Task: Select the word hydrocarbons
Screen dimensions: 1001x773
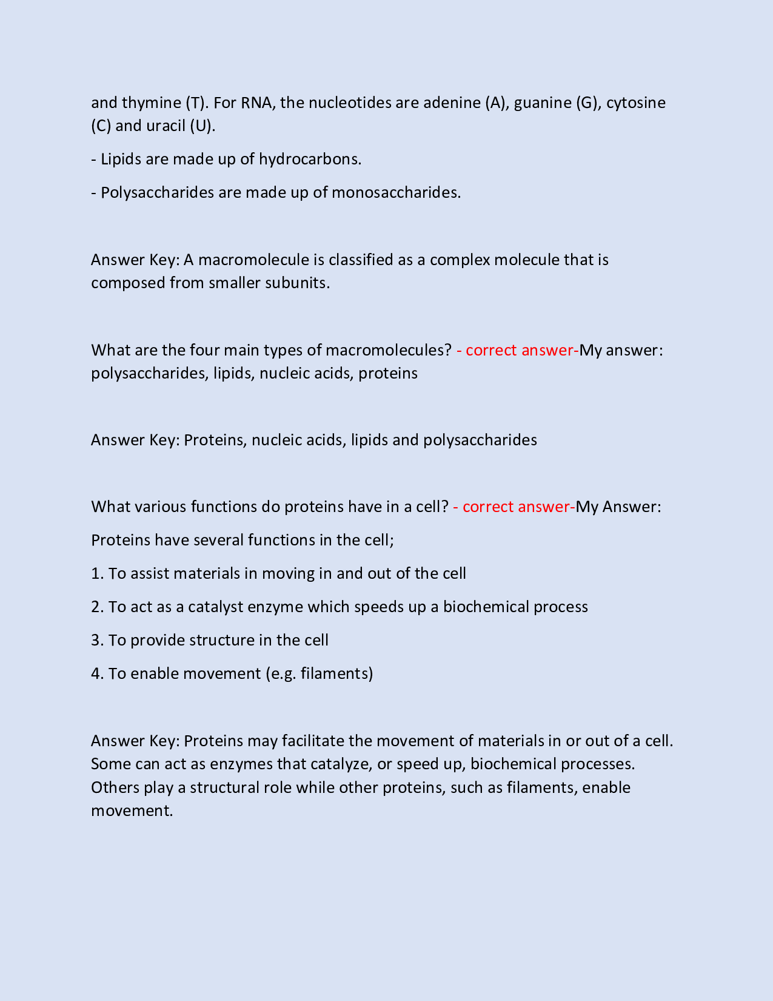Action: (310, 160)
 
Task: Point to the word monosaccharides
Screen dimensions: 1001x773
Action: (396, 193)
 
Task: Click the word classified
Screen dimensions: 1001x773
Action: (361, 260)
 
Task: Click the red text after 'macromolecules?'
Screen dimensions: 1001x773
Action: (517, 351)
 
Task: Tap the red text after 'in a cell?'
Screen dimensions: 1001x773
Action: (514, 507)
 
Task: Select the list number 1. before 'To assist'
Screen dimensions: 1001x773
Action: (98, 574)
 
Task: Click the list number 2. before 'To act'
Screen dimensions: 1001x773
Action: (98, 607)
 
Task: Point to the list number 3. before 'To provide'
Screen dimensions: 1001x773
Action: (98, 641)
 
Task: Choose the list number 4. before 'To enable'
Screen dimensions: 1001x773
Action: (98, 674)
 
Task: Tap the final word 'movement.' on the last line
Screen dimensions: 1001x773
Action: (132, 811)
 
